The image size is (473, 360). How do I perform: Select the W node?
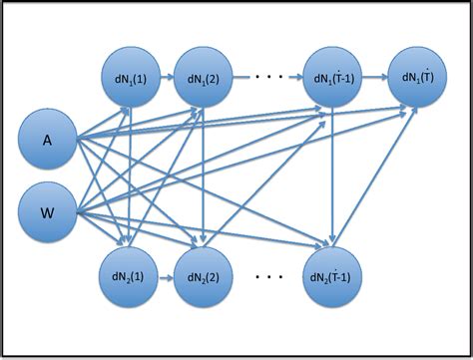47,212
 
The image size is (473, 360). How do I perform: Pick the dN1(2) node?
203,77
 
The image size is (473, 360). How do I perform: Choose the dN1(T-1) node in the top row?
332,77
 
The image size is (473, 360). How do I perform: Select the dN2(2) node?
203,272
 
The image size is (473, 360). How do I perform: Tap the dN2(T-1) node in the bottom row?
332,272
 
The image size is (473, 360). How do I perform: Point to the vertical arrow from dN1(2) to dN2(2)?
203,175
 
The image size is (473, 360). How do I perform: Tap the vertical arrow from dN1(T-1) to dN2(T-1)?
332,175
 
